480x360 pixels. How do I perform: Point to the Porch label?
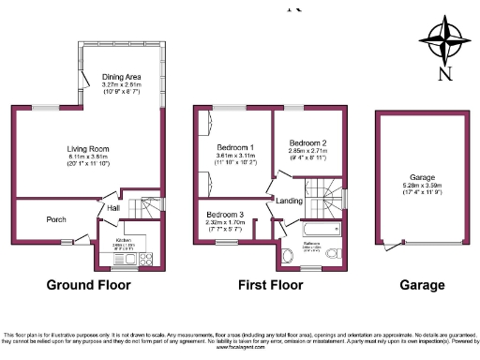(55, 219)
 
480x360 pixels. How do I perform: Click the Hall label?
(112, 208)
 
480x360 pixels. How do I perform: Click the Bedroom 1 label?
(235, 148)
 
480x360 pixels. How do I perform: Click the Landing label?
(288, 200)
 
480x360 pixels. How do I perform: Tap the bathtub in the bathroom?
(322, 229)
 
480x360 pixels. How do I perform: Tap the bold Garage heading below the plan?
(420, 285)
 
